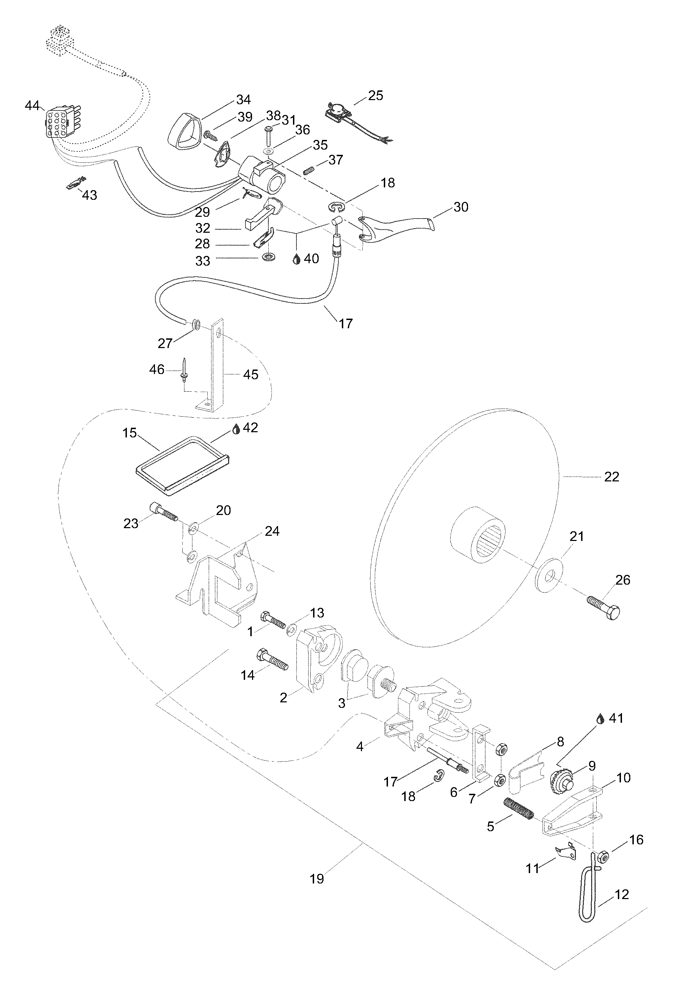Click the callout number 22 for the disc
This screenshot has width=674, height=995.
pyautogui.click(x=612, y=477)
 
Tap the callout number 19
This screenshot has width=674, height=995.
pyautogui.click(x=317, y=879)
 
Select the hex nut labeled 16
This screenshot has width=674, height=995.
pyautogui.click(x=603, y=858)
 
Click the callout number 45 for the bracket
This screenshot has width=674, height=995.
pyautogui.click(x=251, y=375)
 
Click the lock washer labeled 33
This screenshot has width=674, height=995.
pyautogui.click(x=269, y=258)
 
